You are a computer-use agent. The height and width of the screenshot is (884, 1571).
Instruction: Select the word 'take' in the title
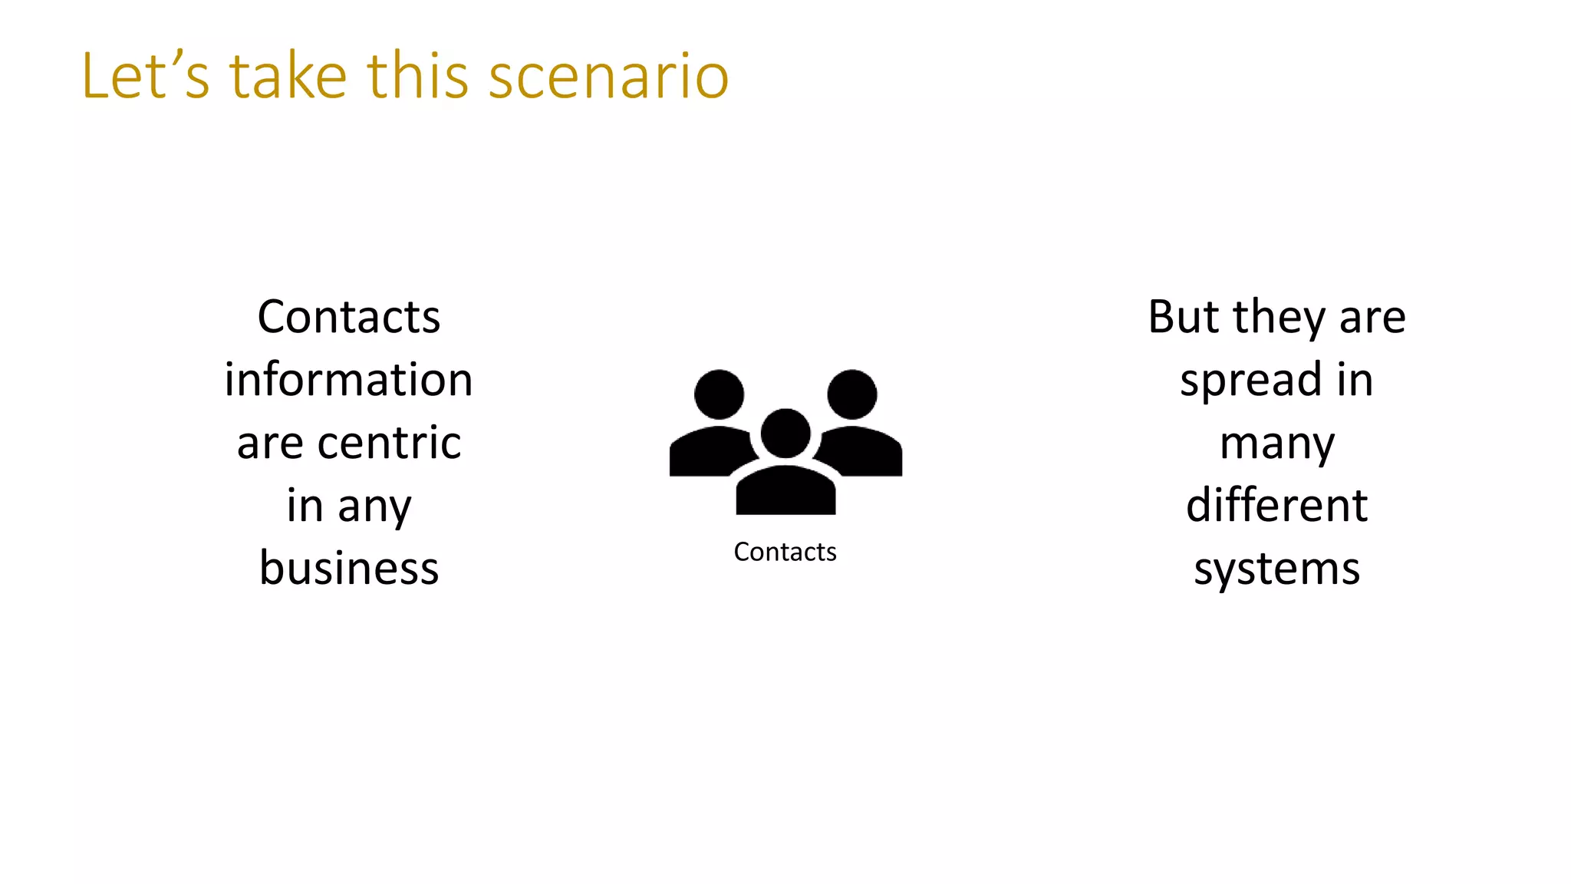point(288,77)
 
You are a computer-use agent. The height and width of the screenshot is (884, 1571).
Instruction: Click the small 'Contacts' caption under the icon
point(785,552)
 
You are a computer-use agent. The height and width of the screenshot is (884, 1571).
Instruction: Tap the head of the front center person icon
point(785,433)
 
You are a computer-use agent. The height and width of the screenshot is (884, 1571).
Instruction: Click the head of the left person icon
point(719,394)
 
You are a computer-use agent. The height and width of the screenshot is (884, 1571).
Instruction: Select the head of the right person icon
point(851,394)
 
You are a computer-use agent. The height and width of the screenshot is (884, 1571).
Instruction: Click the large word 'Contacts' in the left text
point(349,317)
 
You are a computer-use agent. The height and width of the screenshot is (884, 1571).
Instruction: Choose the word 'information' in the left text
point(349,380)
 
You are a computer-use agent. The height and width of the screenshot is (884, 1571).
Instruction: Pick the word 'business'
point(349,569)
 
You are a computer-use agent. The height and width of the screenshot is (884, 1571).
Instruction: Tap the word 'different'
point(1277,506)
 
